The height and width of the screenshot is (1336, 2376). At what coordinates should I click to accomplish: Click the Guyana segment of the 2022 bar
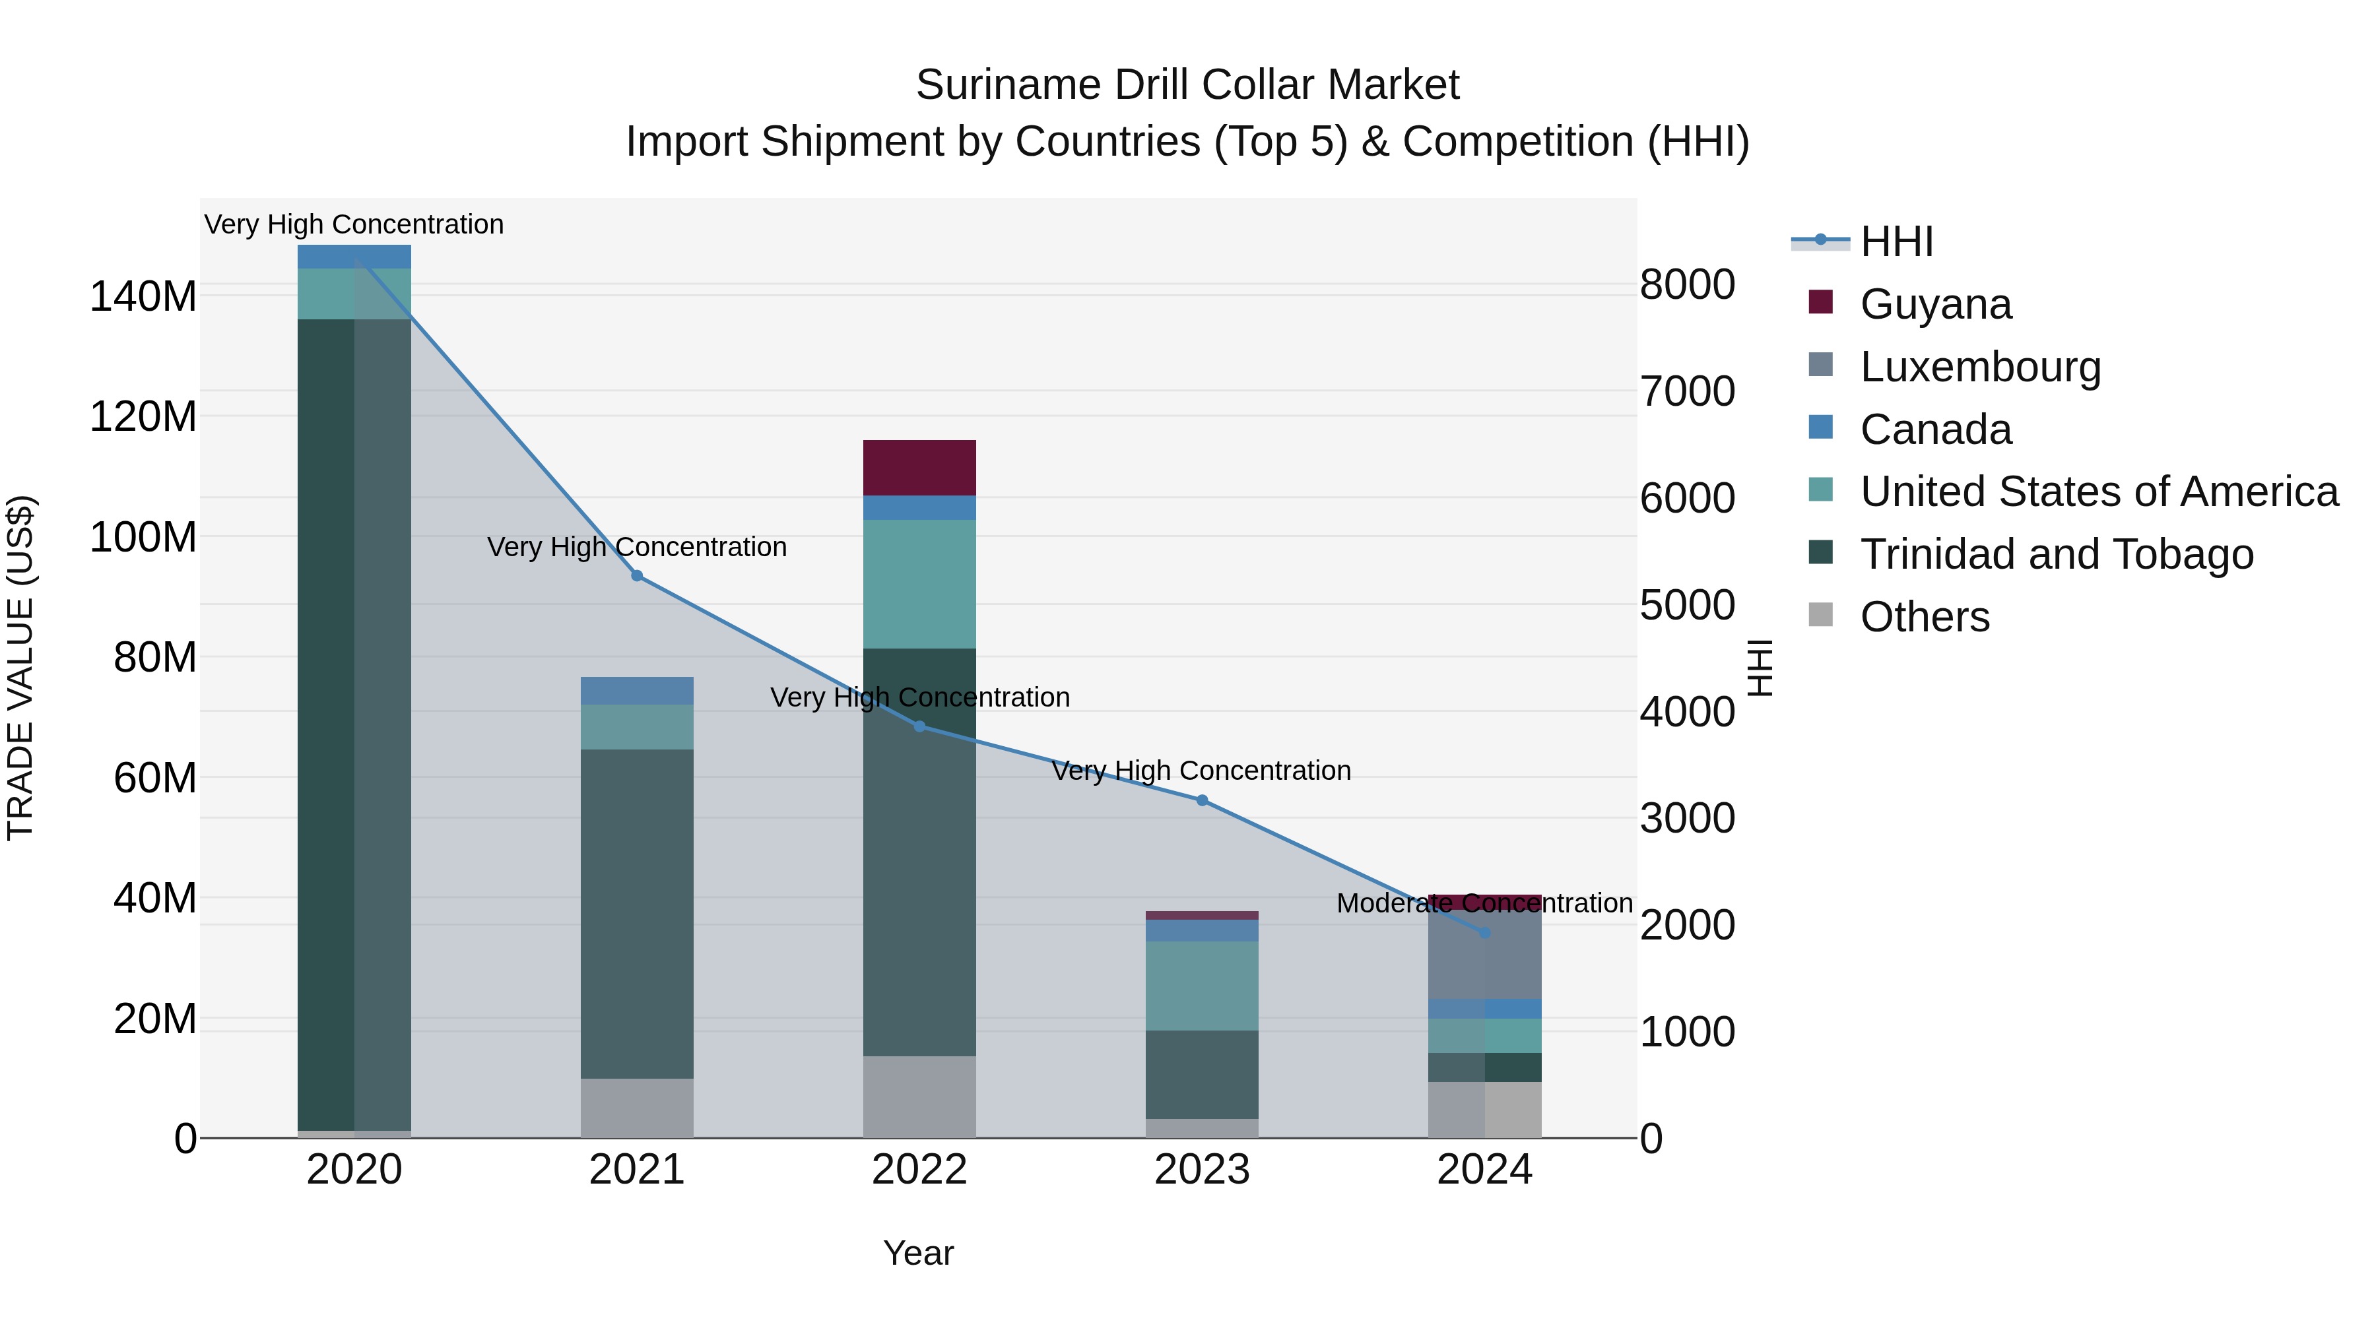(919, 468)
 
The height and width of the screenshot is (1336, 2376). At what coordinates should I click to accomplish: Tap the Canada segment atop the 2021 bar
(636, 691)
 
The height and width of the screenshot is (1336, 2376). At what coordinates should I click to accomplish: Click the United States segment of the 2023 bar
(1201, 985)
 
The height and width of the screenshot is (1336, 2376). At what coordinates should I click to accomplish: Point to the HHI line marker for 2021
(636, 575)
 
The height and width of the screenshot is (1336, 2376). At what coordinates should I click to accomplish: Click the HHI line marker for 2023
(1201, 800)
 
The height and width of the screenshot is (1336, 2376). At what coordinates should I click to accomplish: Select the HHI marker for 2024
(1484, 933)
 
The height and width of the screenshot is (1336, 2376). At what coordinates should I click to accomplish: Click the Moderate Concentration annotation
(1484, 904)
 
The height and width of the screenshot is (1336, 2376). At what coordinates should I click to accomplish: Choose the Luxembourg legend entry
(1979, 367)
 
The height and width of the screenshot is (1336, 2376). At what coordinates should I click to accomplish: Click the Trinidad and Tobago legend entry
(2056, 554)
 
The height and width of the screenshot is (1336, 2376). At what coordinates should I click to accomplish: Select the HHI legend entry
(1896, 241)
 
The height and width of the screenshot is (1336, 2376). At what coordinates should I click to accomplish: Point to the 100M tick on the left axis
(143, 536)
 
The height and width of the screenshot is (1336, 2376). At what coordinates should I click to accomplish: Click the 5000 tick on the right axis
(1687, 605)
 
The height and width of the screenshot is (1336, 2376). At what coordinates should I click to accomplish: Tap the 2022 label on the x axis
(919, 1170)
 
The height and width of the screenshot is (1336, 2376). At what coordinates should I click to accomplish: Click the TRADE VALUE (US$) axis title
(21, 668)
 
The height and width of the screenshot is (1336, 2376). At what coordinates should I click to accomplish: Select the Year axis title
(918, 1253)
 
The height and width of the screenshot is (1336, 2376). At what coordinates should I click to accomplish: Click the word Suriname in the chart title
(1007, 85)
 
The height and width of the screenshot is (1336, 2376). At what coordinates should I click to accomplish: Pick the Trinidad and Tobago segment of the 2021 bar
(636, 913)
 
